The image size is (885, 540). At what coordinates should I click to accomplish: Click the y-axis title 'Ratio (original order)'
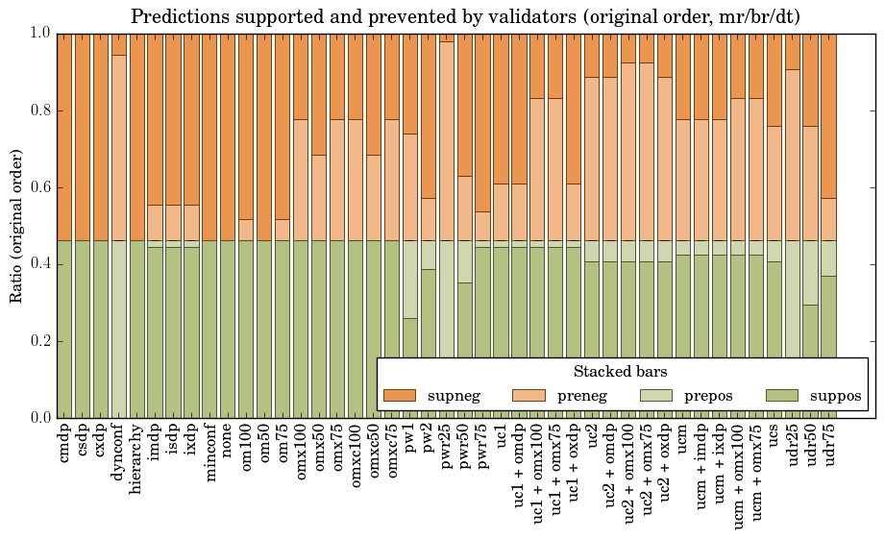[x=16, y=225]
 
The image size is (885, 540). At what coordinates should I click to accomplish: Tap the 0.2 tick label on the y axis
[x=39, y=341]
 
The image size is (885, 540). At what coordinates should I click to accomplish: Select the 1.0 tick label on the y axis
[x=39, y=34]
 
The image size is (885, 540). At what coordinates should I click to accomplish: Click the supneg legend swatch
[x=399, y=395]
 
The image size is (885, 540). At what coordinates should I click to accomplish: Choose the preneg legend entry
[x=528, y=395]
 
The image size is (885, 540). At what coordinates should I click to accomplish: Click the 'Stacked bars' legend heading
[x=621, y=371]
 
